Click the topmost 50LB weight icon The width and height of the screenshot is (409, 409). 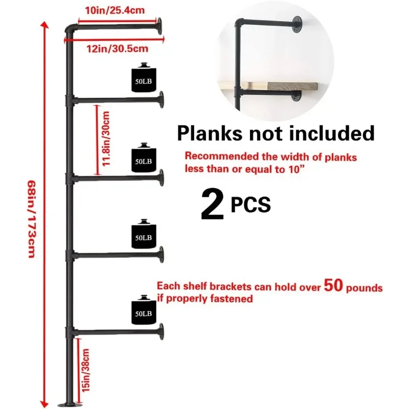[143, 79]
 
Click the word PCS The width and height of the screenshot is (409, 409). [250, 206]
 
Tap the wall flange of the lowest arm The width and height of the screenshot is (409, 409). [161, 330]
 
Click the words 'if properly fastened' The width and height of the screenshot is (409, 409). [205, 299]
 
